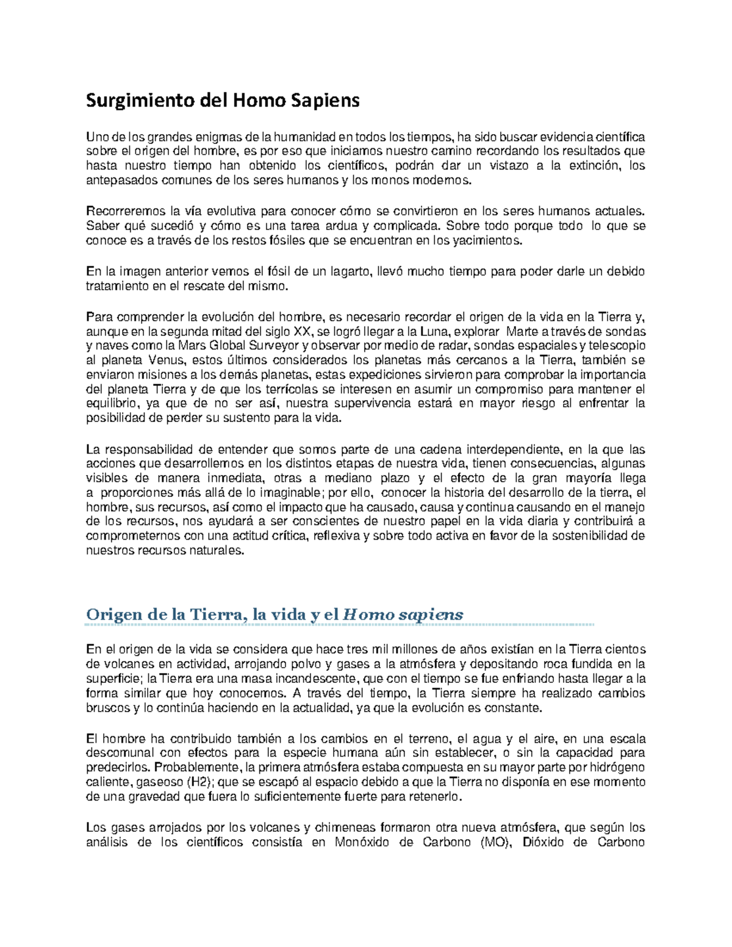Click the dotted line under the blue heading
pyautogui.click(x=339, y=625)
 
